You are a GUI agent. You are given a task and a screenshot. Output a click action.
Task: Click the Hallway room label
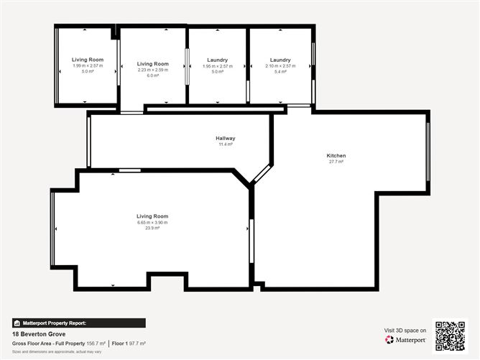[x=225, y=138]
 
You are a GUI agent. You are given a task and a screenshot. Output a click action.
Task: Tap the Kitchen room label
[x=336, y=155]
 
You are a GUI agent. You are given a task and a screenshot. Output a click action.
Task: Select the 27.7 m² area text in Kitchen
[x=336, y=162]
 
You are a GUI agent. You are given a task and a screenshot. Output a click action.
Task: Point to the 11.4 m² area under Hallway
[x=225, y=144]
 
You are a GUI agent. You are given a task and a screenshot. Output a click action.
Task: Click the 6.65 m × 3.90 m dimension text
[x=152, y=222]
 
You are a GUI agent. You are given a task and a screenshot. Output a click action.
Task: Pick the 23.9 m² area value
[x=152, y=228]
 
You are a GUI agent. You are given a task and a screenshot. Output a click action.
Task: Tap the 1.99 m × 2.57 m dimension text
[x=87, y=65]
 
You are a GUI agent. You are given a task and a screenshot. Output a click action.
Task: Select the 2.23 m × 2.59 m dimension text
[x=152, y=70]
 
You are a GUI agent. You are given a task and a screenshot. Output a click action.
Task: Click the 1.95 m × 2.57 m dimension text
[x=217, y=65]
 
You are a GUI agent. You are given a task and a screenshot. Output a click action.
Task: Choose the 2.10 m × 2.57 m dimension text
[x=280, y=65]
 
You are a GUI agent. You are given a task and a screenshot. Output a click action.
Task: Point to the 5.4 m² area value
[x=280, y=71]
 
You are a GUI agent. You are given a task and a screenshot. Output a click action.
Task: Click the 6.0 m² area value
[x=152, y=75]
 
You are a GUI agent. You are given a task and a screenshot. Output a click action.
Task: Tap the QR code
[x=450, y=335]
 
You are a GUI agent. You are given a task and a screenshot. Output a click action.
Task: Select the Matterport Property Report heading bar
[x=79, y=323]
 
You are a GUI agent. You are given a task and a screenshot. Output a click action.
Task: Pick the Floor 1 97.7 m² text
[x=129, y=343]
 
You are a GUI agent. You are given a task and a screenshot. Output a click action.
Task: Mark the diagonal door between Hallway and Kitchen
[x=262, y=174]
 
